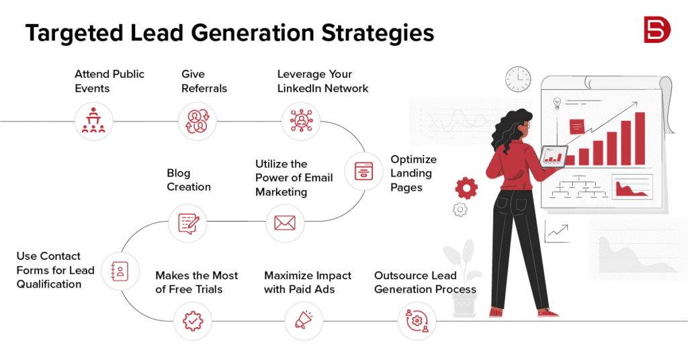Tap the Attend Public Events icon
[x=93, y=121]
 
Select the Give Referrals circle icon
[x=198, y=121]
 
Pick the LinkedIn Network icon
[x=301, y=121]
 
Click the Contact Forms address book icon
[x=120, y=271]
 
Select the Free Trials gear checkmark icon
[x=192, y=321]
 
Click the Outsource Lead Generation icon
[x=416, y=321]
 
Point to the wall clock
[x=518, y=79]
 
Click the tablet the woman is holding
[x=554, y=157]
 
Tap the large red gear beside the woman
[x=466, y=187]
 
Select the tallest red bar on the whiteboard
[x=640, y=138]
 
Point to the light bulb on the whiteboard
[x=557, y=103]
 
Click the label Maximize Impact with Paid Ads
[x=308, y=282]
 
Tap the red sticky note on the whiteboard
[x=576, y=126]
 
